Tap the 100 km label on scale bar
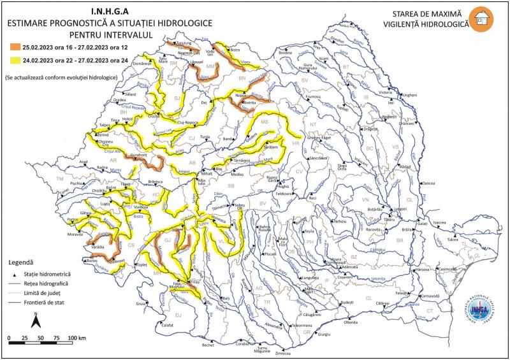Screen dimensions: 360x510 point(76,336)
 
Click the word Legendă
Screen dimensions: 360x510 point(24,263)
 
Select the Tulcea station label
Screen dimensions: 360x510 point(453,240)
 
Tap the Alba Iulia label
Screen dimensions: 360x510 point(202,182)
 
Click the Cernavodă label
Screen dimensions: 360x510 point(431,296)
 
